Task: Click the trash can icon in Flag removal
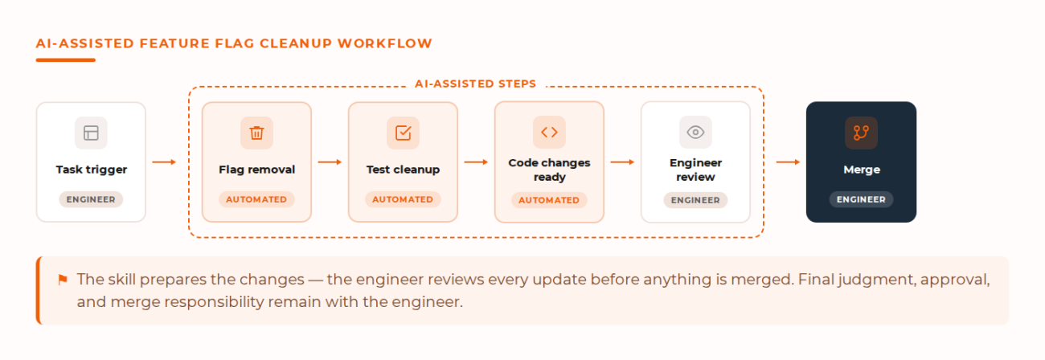[x=256, y=133]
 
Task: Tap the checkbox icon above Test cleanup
[x=403, y=133]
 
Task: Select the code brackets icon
[x=549, y=133]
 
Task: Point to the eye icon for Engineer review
[x=695, y=133]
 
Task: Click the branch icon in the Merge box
[x=861, y=133]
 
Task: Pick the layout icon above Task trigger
[x=91, y=133]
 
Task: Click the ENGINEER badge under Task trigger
[x=91, y=199]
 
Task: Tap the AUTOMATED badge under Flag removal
[x=256, y=199]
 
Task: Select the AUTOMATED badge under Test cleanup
[x=403, y=199]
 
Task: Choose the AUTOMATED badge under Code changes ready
[x=549, y=200]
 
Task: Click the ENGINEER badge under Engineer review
[x=695, y=200]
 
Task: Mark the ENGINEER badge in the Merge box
[x=861, y=199]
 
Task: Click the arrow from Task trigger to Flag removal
[x=164, y=162]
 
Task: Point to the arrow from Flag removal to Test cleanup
[x=330, y=162]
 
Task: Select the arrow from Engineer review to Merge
[x=789, y=162]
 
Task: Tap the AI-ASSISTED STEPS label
[x=476, y=84]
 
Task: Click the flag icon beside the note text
[x=63, y=280]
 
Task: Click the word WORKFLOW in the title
[x=385, y=43]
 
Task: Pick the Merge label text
[x=862, y=170]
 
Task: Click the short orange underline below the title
[x=66, y=60]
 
